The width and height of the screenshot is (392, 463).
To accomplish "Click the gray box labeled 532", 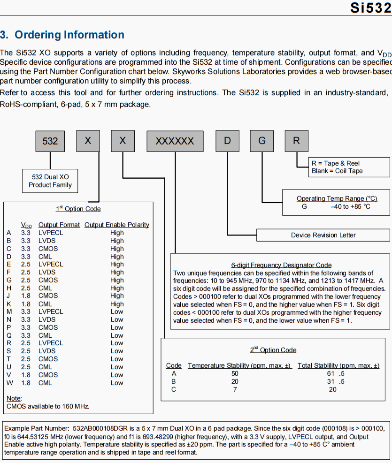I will pyautogui.click(x=50, y=141).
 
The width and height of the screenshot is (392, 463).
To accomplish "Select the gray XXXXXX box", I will pyautogui.click(x=175, y=141).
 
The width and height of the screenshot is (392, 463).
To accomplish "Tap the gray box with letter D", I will pyautogui.click(x=227, y=140).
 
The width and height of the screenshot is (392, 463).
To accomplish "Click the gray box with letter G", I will pyautogui.click(x=262, y=140).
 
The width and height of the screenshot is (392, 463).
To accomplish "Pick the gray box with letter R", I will pyautogui.click(x=296, y=140).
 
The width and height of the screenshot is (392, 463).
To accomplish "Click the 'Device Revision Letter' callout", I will pyautogui.click(x=323, y=235).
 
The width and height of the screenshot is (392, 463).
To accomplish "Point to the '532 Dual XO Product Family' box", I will pyautogui.click(x=50, y=181).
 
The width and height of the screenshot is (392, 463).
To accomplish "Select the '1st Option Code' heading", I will pyautogui.click(x=78, y=209).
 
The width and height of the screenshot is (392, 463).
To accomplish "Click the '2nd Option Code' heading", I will pyautogui.click(x=273, y=350).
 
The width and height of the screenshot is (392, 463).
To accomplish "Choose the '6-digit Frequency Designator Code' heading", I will pyautogui.click(x=281, y=265).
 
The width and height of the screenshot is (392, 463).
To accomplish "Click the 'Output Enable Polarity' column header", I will pyautogui.click(x=117, y=225).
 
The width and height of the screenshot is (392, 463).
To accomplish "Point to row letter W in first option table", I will pyautogui.click(x=9, y=383).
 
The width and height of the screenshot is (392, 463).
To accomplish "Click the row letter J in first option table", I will pyautogui.click(x=9, y=296).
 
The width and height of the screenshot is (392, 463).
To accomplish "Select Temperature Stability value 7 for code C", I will pyautogui.click(x=235, y=389).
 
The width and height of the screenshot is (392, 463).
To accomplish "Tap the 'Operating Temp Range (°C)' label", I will pyautogui.click(x=337, y=198).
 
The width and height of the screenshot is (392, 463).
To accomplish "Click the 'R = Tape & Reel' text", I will pyautogui.click(x=335, y=163).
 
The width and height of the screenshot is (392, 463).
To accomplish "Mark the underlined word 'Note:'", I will pyautogui.click(x=14, y=398).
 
